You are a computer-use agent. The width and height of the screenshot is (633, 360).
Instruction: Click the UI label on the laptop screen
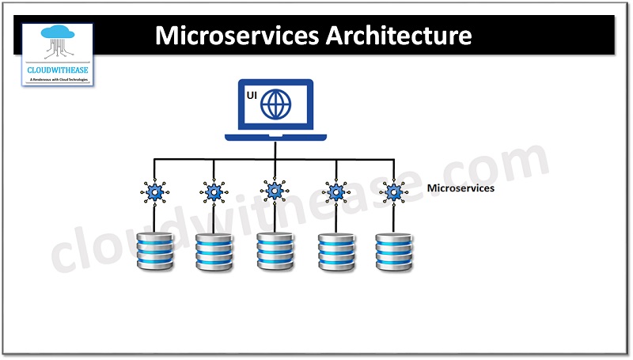click(250, 95)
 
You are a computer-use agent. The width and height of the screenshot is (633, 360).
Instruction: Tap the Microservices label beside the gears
click(461, 188)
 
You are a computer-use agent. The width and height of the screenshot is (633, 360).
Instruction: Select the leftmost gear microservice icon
click(153, 191)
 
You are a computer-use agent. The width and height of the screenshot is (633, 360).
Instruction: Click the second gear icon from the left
click(212, 191)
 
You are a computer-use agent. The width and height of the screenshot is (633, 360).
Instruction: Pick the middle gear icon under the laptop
click(274, 191)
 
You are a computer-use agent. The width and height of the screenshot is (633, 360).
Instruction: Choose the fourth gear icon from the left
click(334, 191)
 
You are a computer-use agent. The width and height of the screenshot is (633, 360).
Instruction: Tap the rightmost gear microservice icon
click(392, 191)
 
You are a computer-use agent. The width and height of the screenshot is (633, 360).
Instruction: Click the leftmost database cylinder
click(154, 252)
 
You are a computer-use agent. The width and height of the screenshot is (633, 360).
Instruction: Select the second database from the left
click(213, 252)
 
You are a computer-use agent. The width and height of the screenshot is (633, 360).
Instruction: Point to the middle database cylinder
click(274, 252)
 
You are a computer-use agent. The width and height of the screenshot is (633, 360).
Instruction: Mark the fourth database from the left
click(335, 252)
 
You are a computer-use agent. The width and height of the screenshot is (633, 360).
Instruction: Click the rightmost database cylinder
click(393, 252)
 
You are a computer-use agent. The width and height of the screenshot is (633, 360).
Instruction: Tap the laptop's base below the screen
click(275, 137)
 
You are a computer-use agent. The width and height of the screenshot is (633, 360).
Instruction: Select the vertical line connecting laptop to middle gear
click(275, 162)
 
